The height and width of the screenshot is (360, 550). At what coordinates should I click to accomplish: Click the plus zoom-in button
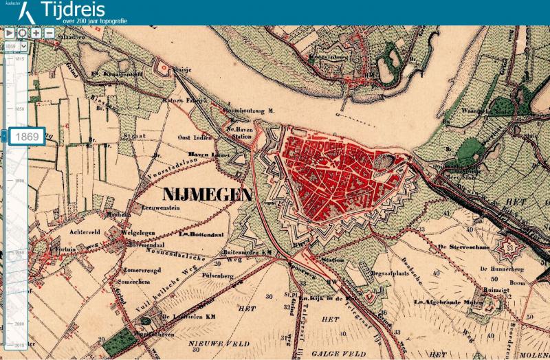tap(36, 32)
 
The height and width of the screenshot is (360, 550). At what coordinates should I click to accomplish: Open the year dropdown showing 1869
tap(16, 45)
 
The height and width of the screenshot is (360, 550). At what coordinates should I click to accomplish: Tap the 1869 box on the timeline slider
tap(27, 136)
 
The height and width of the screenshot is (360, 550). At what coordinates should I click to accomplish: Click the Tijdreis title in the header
tap(73, 10)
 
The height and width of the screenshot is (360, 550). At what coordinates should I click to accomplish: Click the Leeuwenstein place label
tap(162, 206)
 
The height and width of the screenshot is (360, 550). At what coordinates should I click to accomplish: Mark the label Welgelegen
tap(135, 232)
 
